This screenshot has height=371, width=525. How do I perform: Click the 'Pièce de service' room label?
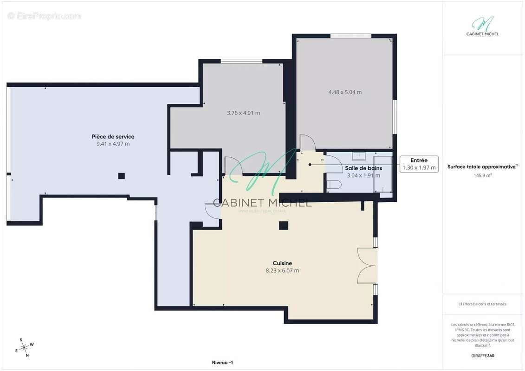113,136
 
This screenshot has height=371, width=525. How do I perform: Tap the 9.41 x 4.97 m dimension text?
113,144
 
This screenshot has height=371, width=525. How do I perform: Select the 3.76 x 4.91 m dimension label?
243,113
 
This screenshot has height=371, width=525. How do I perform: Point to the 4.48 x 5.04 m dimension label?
345,92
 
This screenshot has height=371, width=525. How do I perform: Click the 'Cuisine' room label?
282,263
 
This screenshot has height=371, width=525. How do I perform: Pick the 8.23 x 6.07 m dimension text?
282,271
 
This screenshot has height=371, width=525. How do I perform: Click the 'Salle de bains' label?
363,168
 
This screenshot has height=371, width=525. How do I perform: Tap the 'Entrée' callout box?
419,164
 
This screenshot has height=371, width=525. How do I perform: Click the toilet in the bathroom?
334,185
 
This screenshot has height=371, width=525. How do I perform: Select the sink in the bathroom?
359,156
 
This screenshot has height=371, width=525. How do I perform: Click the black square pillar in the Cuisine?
284,225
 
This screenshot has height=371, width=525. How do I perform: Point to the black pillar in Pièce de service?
122,176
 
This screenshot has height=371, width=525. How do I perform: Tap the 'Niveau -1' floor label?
222,363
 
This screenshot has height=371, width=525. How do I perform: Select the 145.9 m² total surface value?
482,175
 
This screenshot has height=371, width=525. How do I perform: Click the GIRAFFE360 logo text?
482,356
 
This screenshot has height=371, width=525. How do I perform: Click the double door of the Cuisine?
367,266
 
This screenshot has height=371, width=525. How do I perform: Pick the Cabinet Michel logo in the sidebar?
482,26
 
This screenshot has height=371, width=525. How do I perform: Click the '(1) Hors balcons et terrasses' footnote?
482,304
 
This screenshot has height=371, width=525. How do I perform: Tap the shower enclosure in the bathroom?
382,174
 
